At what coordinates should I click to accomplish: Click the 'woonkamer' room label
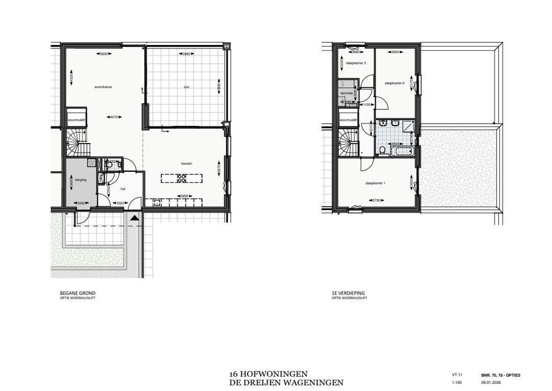coord(103,87)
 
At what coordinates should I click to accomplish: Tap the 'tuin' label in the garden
coord(186,87)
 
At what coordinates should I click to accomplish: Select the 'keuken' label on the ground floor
coord(186,164)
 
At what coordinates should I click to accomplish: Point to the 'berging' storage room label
coord(81,180)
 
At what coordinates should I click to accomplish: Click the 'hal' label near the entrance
coord(123,189)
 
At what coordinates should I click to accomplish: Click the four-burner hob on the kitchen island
coord(181,178)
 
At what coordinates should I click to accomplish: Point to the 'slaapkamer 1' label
coord(375,183)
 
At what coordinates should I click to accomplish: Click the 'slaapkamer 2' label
coord(395,83)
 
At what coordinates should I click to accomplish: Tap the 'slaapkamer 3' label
coord(356,63)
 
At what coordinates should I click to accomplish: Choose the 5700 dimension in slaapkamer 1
coord(378,200)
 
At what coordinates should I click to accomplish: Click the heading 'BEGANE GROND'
coord(78,293)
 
